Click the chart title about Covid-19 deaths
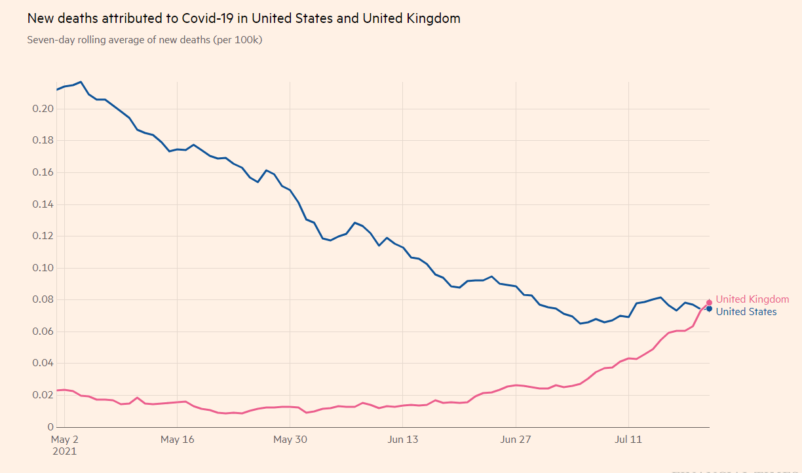pyautogui.click(x=243, y=18)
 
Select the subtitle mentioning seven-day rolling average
pyautogui.click(x=145, y=40)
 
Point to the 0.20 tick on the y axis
pyautogui.click(x=42, y=109)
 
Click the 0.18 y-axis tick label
pyautogui.click(x=42, y=141)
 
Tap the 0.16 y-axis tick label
pyautogui.click(x=42, y=172)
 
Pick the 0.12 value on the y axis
pyautogui.click(x=42, y=236)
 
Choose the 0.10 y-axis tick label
pyautogui.click(x=42, y=268)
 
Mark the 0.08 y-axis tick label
pyautogui.click(x=42, y=300)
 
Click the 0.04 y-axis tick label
pyautogui.click(x=42, y=364)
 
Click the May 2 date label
pyautogui.click(x=65, y=440)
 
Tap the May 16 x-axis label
pyautogui.click(x=178, y=440)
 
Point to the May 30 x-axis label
pyautogui.click(x=290, y=440)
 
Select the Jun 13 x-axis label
pyautogui.click(x=403, y=440)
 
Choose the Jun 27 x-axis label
pyautogui.click(x=516, y=440)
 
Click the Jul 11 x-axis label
pyautogui.click(x=628, y=440)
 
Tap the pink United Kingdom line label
pyautogui.click(x=752, y=299)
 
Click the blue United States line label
pyautogui.click(x=746, y=312)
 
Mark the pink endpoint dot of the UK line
pyautogui.click(x=709, y=303)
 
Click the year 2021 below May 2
pyautogui.click(x=64, y=451)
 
